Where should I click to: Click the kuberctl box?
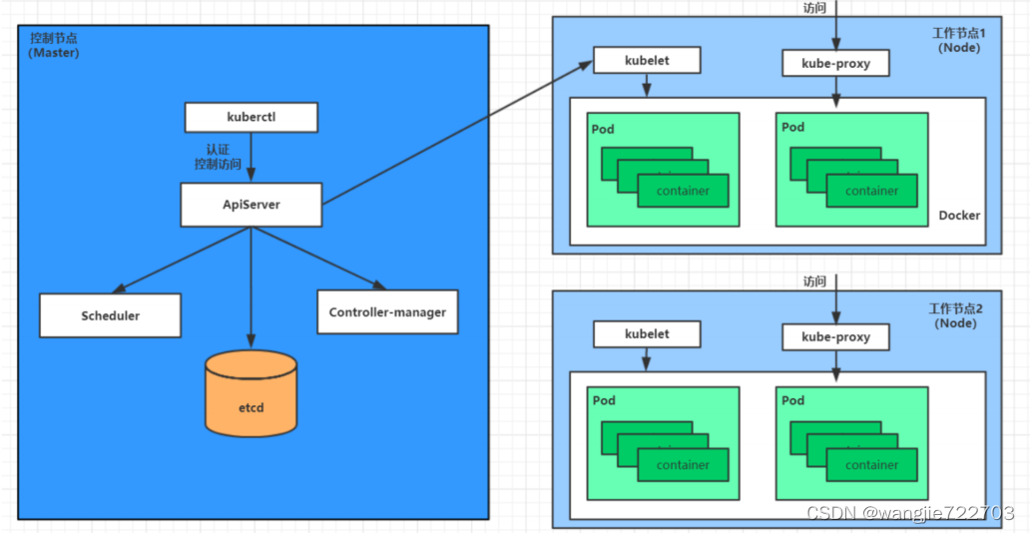click(251, 118)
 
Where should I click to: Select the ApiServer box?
click(251, 205)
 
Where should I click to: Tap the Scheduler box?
click(111, 315)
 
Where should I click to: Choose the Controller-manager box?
click(387, 312)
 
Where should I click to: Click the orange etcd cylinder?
click(251, 393)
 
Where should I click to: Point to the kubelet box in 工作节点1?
click(647, 61)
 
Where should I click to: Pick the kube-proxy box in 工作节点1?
click(835, 64)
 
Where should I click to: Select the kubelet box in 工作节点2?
click(647, 333)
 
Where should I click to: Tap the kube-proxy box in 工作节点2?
click(835, 337)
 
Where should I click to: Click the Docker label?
click(959, 216)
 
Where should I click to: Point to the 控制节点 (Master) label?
click(54, 45)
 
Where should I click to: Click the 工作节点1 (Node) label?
click(959, 40)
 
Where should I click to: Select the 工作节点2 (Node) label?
click(956, 315)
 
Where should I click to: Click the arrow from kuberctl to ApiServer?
click(251, 157)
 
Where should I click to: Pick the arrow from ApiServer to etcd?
click(251, 287)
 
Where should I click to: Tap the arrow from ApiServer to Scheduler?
click(181, 261)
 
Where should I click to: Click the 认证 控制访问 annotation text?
click(219, 157)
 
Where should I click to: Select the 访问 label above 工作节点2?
click(814, 281)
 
